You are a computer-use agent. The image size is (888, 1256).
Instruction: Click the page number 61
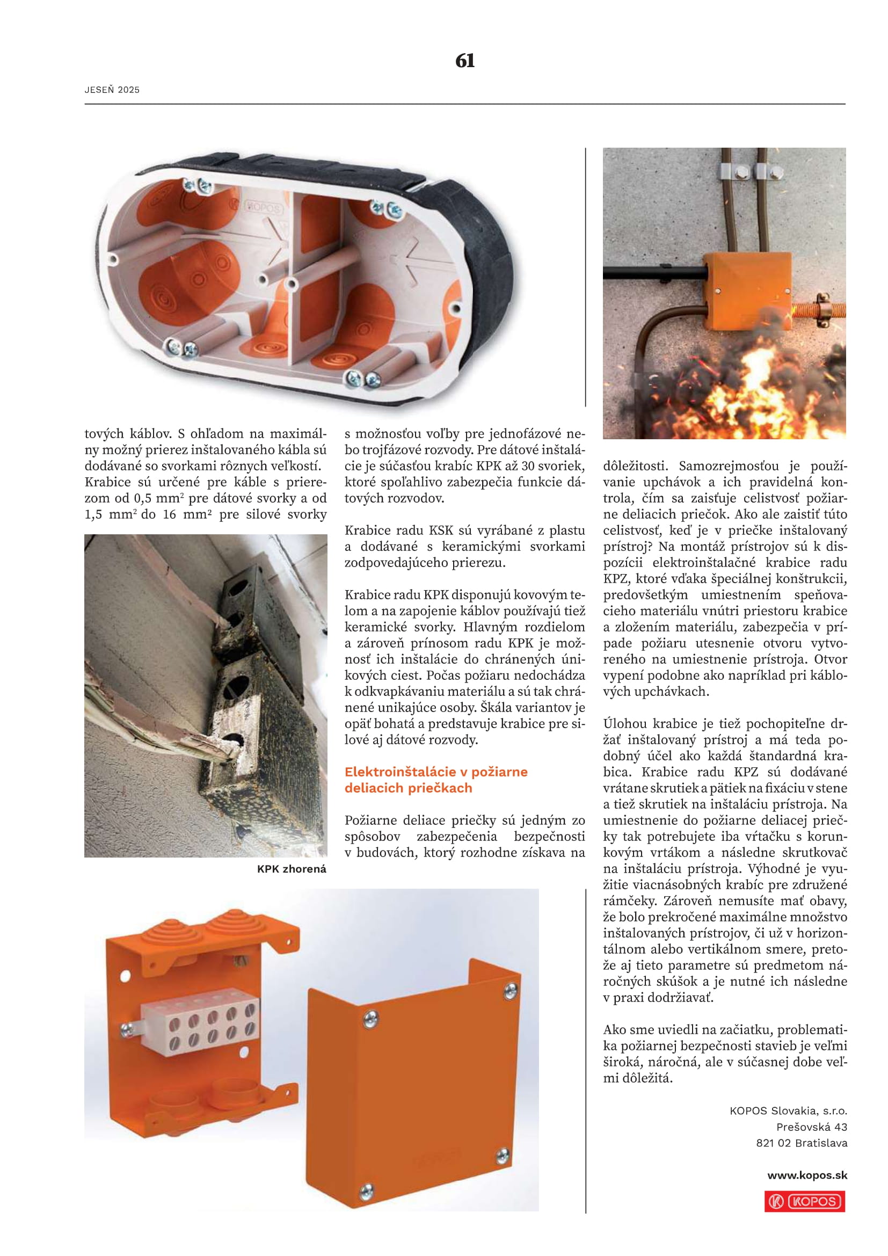tap(465, 61)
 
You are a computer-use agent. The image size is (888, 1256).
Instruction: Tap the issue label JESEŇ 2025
tap(112, 90)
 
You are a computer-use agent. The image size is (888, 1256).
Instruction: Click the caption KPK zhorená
tap(292, 869)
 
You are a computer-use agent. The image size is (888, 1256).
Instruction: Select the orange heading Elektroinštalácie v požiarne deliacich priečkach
tap(436, 780)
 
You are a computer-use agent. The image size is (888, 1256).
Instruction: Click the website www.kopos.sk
tap(807, 1175)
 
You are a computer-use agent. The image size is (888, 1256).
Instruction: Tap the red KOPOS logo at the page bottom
tap(804, 1201)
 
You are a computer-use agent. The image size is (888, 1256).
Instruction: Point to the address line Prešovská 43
tap(811, 1127)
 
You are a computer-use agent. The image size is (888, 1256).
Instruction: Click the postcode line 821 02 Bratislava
tap(802, 1143)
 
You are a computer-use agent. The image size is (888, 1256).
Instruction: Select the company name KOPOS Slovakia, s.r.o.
tap(788, 1110)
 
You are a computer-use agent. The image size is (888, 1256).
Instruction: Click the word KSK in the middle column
tap(440, 530)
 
